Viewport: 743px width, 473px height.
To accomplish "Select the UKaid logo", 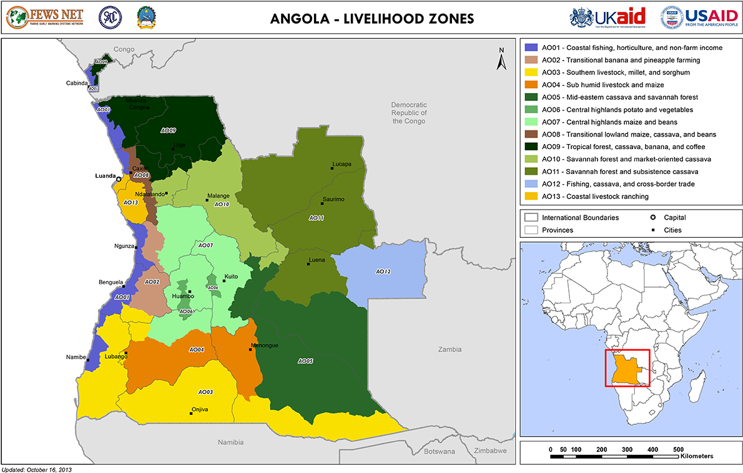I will pos(608,17).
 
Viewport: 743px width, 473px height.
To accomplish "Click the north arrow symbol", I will pos(500,59).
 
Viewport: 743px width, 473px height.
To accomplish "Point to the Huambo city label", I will pos(183,296).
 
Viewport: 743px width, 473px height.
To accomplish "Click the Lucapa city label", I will pos(342,164).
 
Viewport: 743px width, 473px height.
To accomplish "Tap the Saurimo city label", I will pos(333,199).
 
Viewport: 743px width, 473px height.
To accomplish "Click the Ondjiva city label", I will pos(200,409).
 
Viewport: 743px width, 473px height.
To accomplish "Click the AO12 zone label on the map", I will pos(383,271).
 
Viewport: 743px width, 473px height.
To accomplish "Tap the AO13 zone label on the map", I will pos(130,202).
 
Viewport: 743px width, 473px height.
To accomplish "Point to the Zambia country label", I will pos(450,349).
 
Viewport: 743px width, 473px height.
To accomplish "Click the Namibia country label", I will pos(230,442).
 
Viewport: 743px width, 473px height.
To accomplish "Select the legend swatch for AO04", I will pos(531,85).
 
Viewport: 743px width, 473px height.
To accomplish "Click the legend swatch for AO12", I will pos(531,184).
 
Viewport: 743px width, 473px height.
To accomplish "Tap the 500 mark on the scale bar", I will pos(678,449).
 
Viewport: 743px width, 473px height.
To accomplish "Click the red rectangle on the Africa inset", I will pos(627,368).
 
